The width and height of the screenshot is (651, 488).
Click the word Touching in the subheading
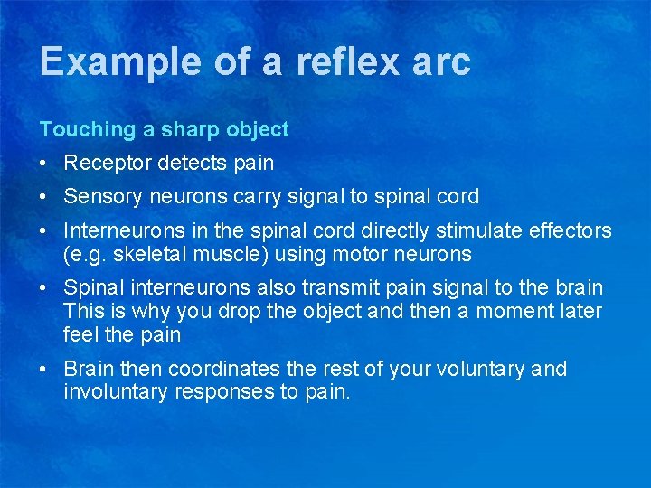click(87, 129)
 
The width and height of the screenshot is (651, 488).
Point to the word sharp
click(190, 129)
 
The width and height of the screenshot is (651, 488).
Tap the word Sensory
click(101, 196)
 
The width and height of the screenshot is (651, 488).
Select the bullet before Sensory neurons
click(44, 196)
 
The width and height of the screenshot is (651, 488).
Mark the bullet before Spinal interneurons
click(44, 287)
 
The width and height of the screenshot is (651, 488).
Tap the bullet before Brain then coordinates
click(44, 369)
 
